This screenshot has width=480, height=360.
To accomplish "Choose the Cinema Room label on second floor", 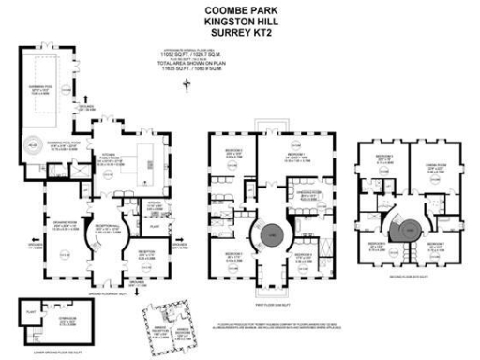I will [x=431, y=168].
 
